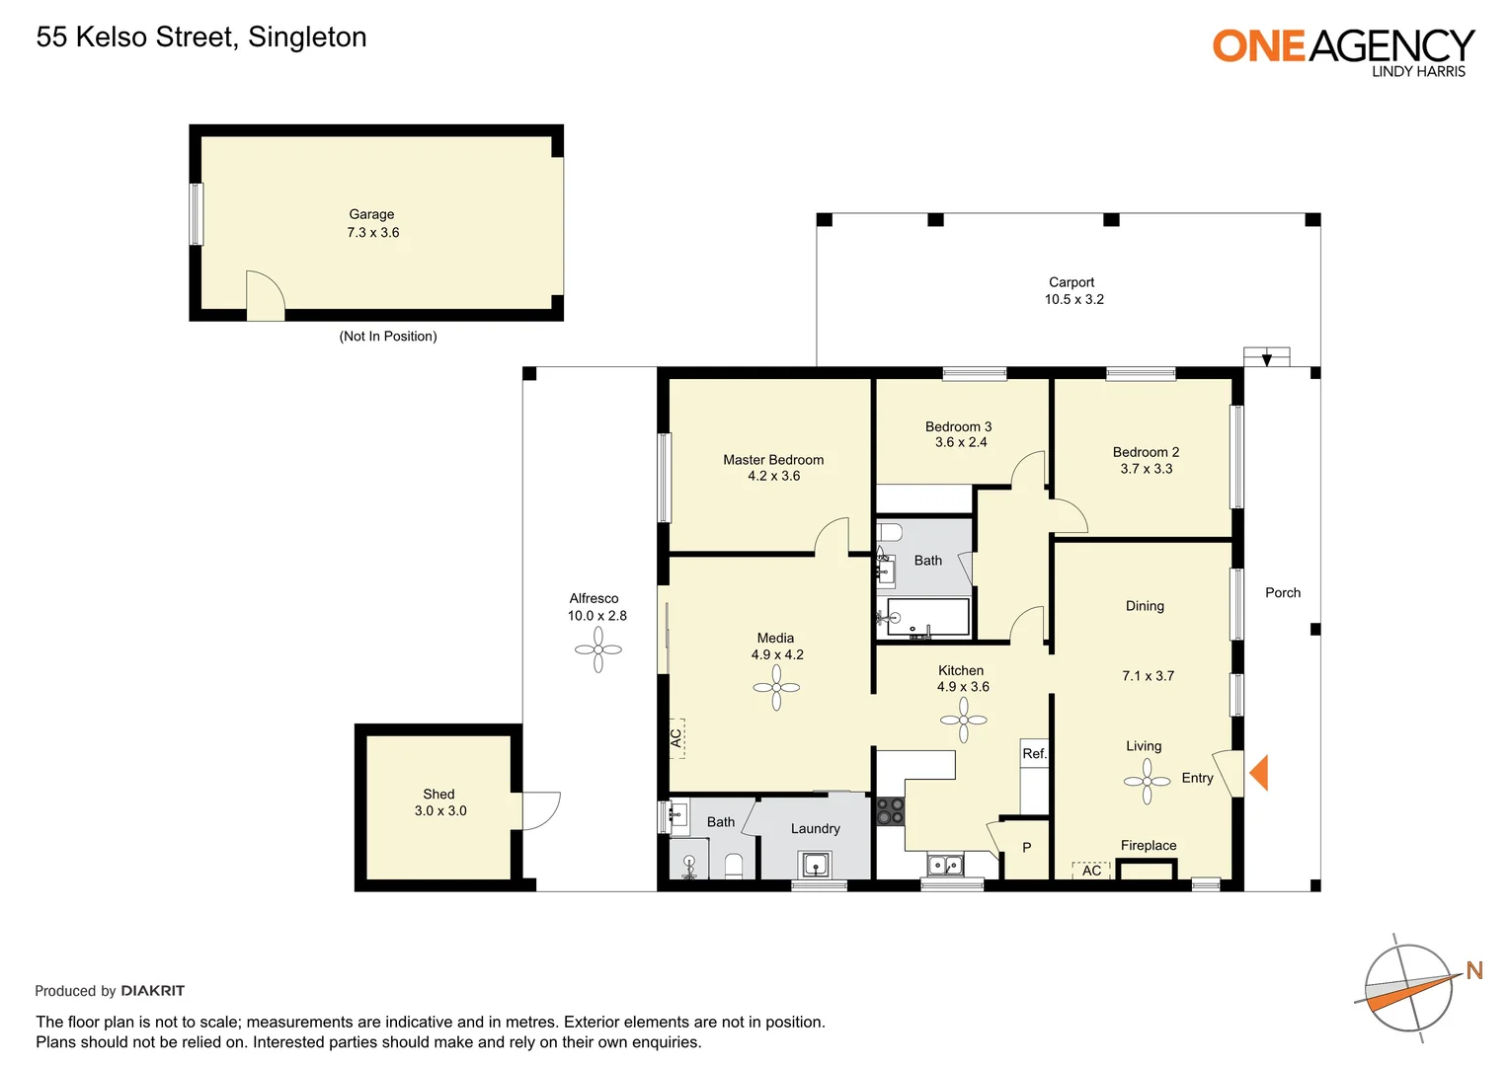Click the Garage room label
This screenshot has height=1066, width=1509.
[371, 214]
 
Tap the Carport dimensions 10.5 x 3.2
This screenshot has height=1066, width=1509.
[1073, 299]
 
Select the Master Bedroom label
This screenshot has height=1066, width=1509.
[772, 460]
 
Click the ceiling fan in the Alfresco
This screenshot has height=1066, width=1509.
[598, 649]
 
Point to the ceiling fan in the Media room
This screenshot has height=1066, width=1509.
[776, 687]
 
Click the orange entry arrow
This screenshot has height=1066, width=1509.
[1258, 772]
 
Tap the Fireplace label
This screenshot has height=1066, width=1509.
[1148, 846]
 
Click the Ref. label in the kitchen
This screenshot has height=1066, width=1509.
[1034, 754]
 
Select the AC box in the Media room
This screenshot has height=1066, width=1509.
[676, 737]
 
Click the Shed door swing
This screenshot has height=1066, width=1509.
[539, 809]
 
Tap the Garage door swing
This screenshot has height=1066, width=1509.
[264, 294]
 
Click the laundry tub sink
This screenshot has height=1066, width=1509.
[815, 865]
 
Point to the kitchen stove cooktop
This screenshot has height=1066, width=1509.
[890, 811]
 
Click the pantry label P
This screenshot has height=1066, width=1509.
[1026, 848]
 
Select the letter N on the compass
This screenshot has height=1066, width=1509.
[1474, 970]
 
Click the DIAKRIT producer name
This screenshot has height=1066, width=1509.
[152, 991]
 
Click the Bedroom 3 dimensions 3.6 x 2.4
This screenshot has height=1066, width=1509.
[961, 442]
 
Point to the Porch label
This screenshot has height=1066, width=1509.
[1282, 593]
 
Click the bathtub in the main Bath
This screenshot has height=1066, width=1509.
[927, 617]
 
